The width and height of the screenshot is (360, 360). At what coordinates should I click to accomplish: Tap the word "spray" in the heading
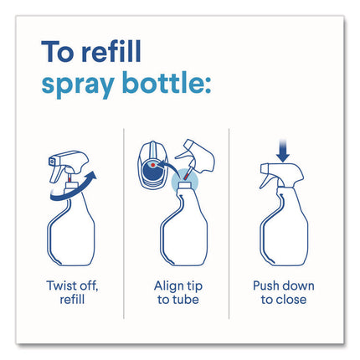[x=78, y=84]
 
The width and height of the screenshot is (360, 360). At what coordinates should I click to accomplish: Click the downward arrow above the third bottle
[x=283, y=151]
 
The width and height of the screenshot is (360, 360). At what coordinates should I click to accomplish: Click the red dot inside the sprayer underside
[x=153, y=165]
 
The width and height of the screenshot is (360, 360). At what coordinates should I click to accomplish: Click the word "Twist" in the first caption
[x=61, y=285]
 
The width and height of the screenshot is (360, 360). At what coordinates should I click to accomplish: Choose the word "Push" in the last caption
[x=265, y=285]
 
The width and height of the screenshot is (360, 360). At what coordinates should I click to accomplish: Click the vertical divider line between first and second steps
[x=124, y=224]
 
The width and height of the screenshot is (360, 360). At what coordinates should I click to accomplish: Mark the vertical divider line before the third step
[x=229, y=224]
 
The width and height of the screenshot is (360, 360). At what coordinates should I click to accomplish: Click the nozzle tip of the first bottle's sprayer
[x=51, y=161]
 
